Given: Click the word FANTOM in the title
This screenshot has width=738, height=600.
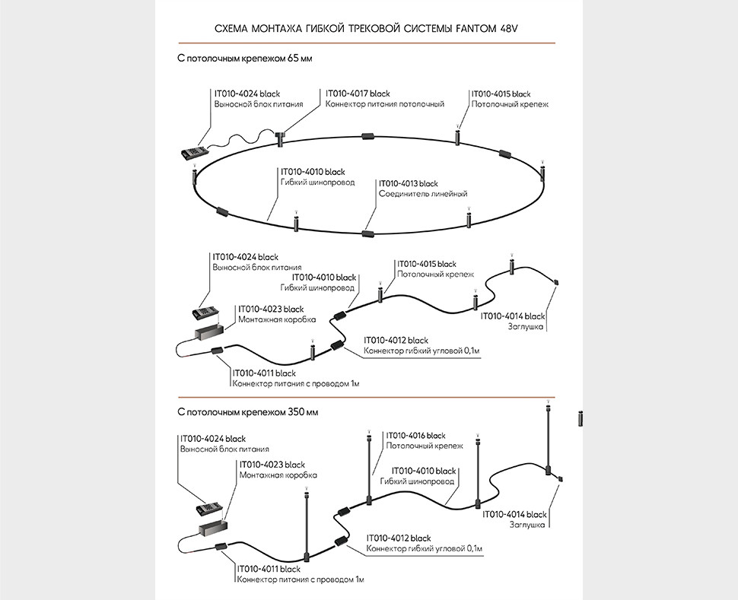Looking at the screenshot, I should tap(479, 28).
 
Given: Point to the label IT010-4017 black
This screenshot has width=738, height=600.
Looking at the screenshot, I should tap(358, 93).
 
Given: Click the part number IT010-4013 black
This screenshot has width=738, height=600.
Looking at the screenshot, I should tap(409, 183).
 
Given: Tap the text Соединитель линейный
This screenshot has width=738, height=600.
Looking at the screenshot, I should tap(423, 194).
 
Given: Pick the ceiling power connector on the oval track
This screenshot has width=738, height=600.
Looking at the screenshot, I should tap(281, 138).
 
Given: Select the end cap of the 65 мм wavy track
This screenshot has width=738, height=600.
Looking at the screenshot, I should tap(557, 283).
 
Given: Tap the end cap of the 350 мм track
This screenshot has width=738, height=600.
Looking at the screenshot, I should tap(561, 478).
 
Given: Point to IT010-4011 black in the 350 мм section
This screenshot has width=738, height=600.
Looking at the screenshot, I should tap(267, 568).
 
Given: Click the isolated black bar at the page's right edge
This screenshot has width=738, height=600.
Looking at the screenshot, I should tap(581, 417).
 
